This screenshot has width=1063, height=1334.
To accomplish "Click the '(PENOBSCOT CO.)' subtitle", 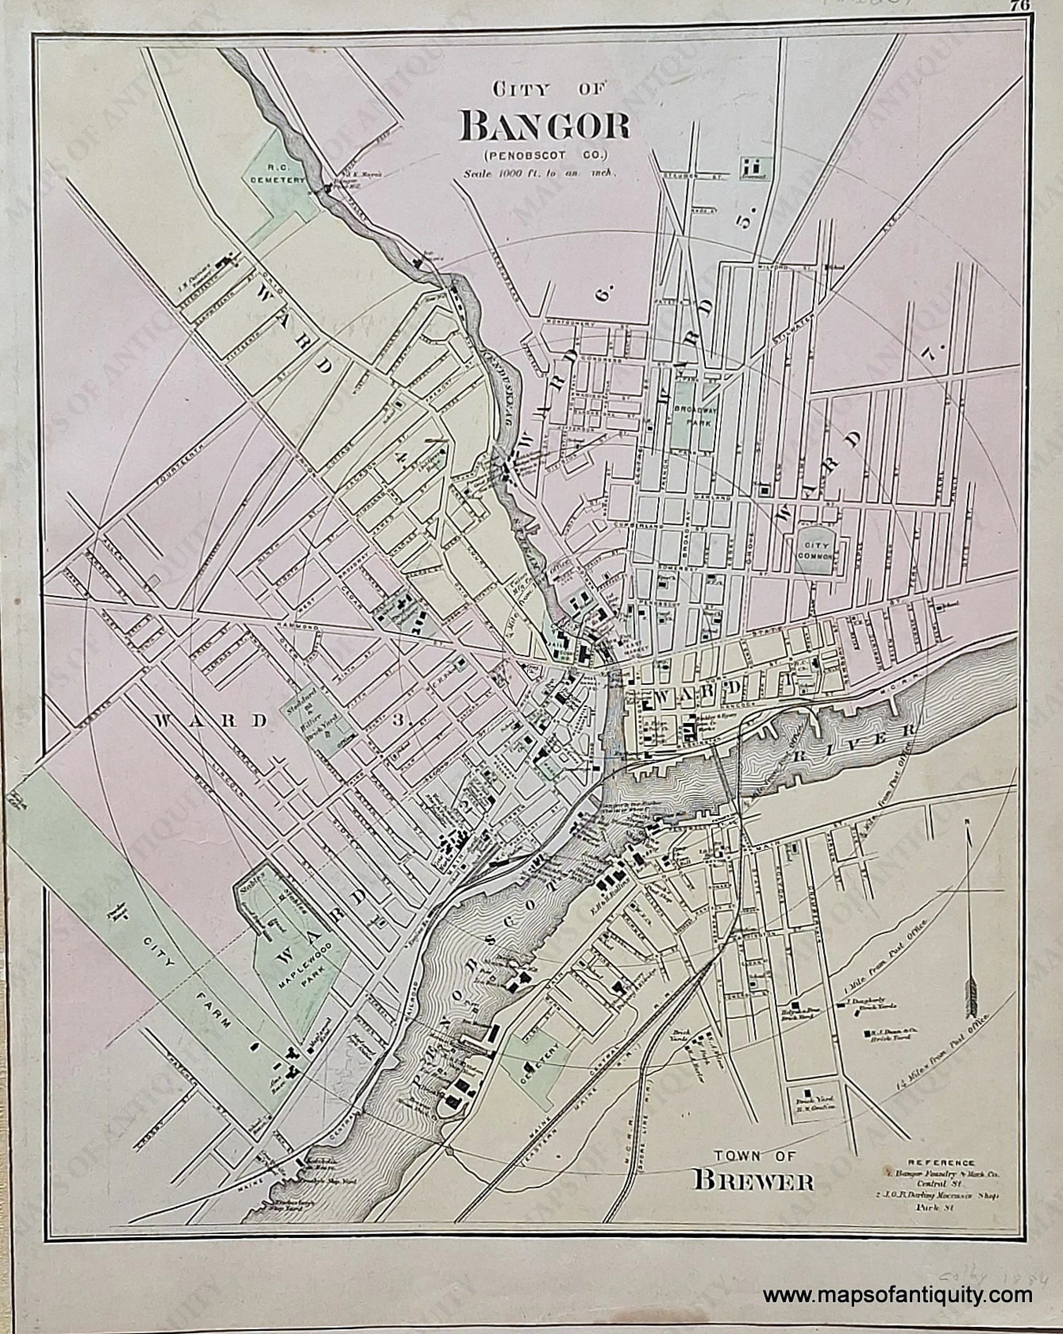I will coord(543,153).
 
